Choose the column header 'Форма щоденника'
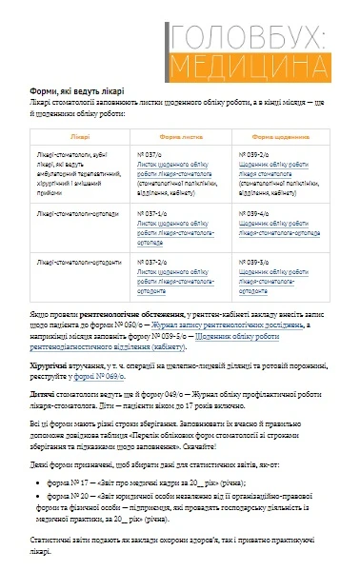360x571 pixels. pos(277,137)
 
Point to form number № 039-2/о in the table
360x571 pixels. pos(254,153)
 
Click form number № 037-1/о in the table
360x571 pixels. pos(154,214)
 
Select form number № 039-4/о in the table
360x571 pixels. pos(254,214)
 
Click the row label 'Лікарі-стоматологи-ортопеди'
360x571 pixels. pos(74,214)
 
